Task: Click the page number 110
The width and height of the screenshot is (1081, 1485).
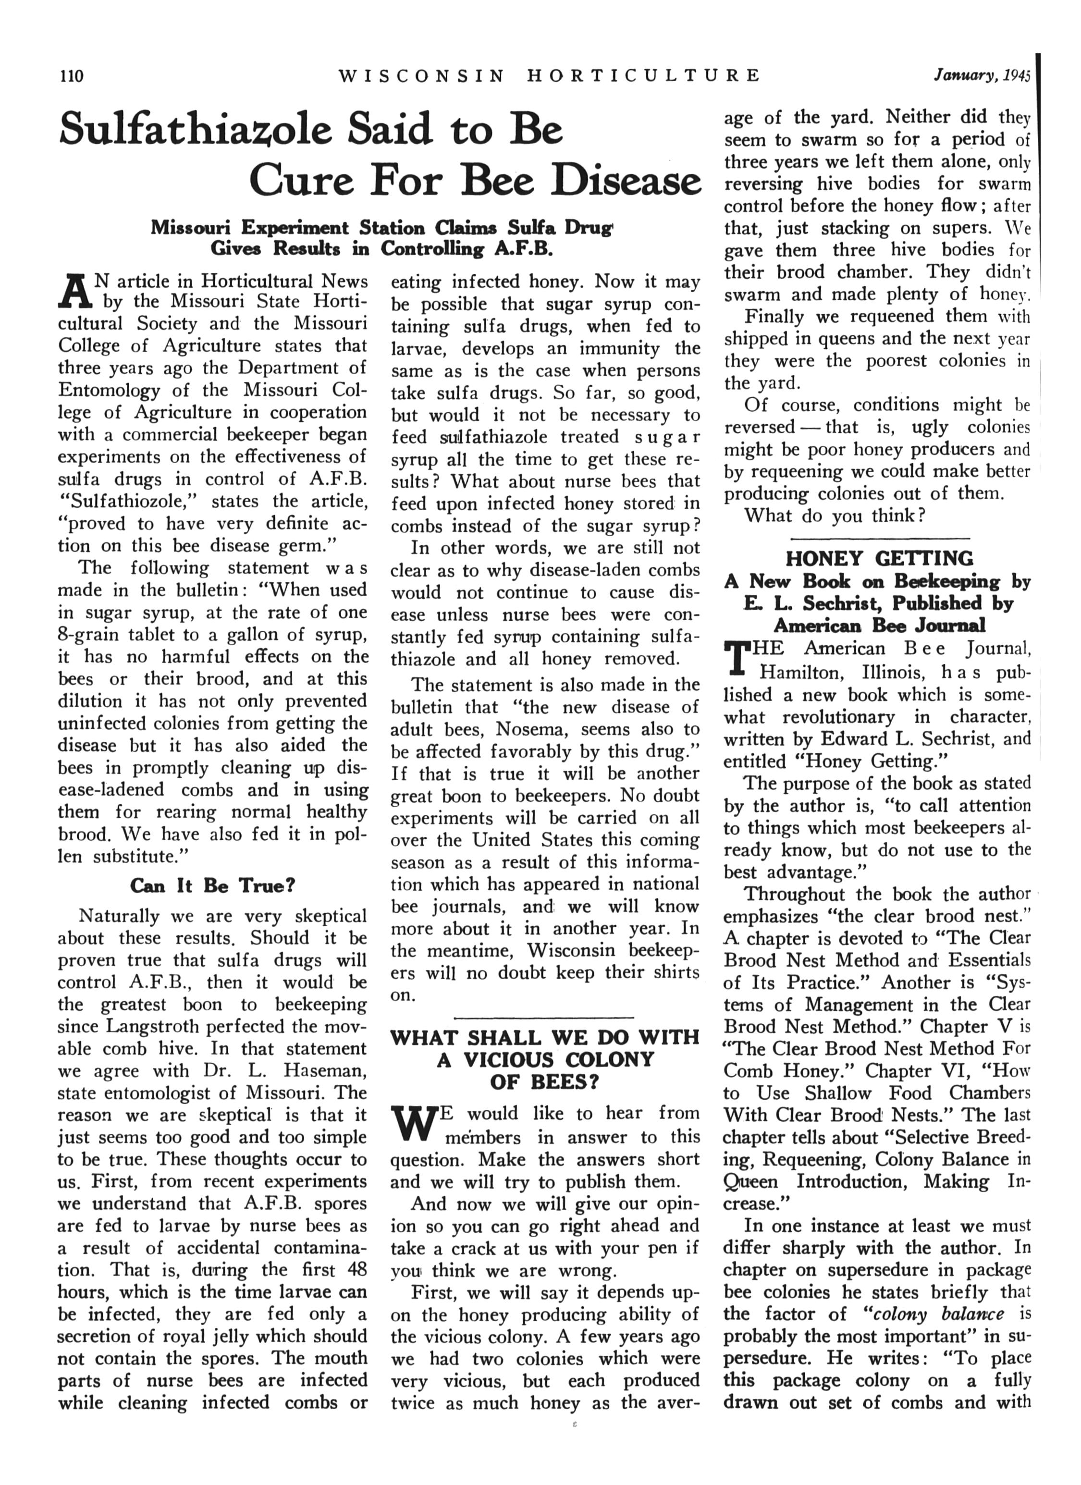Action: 72,76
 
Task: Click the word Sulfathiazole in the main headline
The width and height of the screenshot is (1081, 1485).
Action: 196,128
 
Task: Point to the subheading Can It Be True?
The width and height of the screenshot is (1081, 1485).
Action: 213,886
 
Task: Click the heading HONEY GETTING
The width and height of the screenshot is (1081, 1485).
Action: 879,559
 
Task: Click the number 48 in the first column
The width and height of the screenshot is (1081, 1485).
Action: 357,1270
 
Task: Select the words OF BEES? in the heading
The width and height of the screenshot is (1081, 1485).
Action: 544,1081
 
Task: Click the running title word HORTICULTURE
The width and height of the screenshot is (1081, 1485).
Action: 644,76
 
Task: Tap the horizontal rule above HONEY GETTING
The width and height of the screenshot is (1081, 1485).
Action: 879,538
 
